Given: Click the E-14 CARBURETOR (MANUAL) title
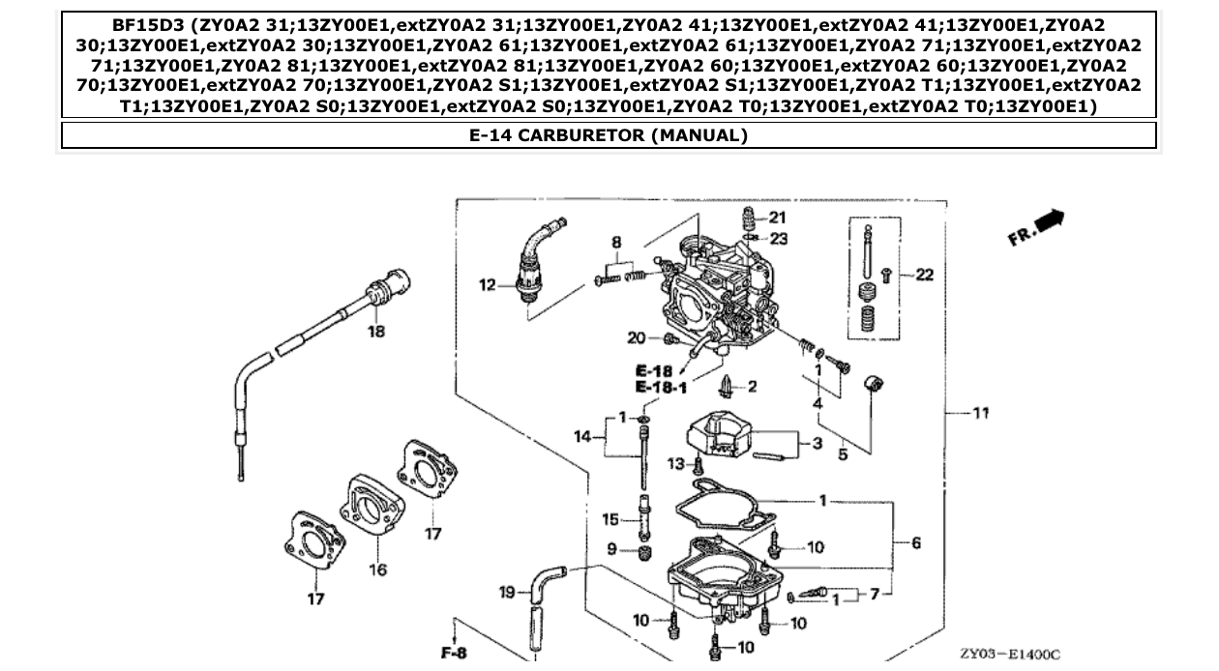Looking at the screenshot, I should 609,135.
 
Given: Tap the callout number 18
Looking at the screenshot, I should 375,332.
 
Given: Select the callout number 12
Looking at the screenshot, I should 489,284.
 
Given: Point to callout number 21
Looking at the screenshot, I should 778,217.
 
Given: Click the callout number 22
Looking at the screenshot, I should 924,275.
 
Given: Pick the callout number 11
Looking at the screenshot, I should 980,413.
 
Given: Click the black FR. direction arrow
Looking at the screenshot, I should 1049,221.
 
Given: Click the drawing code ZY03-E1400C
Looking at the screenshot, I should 1010,655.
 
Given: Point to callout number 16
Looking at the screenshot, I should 377,569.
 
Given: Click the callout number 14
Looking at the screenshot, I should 581,437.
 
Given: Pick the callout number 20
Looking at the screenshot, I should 636,337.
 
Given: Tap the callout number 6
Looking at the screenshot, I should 916,543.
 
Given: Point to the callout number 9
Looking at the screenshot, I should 611,549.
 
